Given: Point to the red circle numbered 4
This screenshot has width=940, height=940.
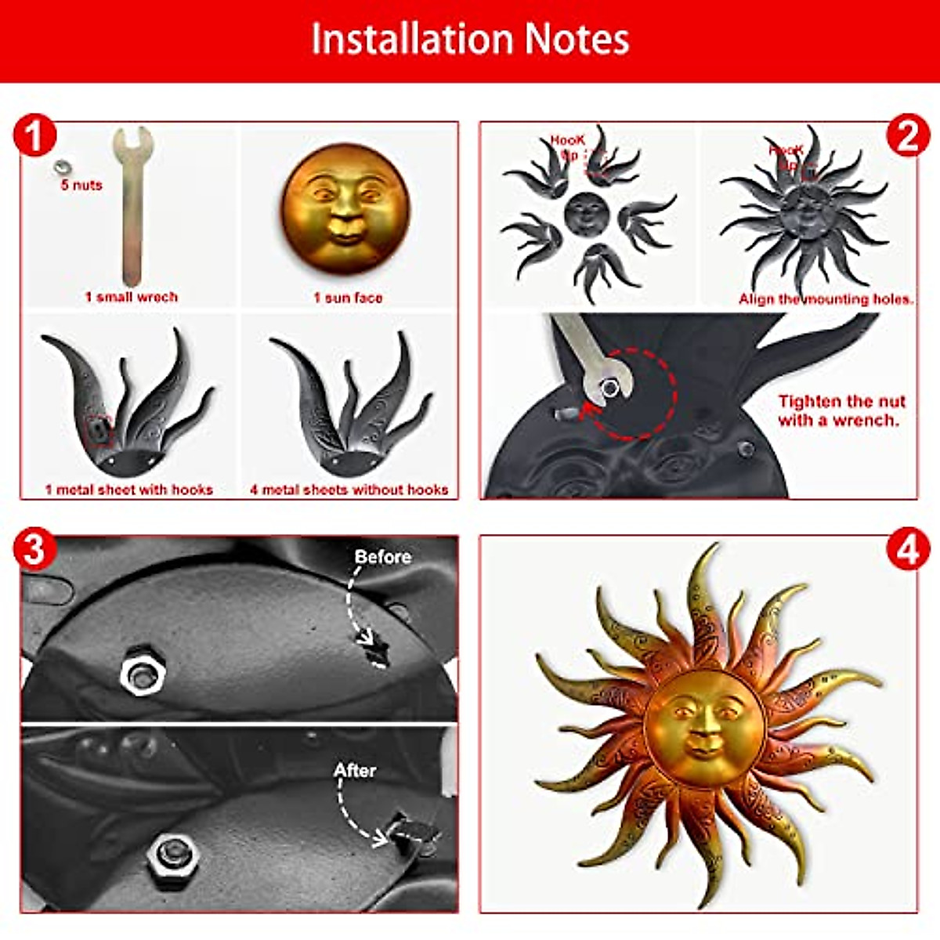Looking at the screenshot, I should pyautogui.click(x=907, y=551).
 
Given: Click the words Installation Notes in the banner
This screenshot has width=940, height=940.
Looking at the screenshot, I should pyautogui.click(x=470, y=39).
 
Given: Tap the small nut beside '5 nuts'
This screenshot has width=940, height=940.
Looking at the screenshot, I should pyautogui.click(x=60, y=167).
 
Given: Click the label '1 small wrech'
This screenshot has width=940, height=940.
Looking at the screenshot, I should pyautogui.click(x=132, y=297).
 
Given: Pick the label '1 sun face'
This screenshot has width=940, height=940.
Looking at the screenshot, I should pyautogui.click(x=348, y=297).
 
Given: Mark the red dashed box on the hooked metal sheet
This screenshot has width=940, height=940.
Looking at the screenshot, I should pyautogui.click(x=98, y=429).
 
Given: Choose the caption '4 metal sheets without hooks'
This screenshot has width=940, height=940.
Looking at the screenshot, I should pyautogui.click(x=349, y=490).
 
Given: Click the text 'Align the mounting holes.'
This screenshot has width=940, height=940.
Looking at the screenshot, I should pyautogui.click(x=826, y=299).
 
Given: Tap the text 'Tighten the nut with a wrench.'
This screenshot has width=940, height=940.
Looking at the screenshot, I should pyautogui.click(x=841, y=410).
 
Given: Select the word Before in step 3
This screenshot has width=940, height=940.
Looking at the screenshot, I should pyautogui.click(x=382, y=557).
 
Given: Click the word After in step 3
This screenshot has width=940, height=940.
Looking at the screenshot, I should pyautogui.click(x=355, y=770).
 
